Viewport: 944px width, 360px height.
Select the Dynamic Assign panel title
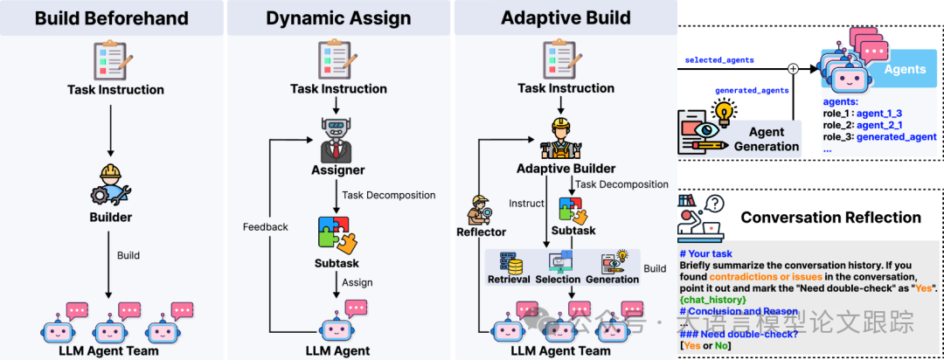339,17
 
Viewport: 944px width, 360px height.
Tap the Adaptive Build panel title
566,17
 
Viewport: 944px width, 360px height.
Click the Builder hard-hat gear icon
110,182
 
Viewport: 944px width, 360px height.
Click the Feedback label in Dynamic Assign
265,227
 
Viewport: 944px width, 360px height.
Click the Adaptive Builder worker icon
566,137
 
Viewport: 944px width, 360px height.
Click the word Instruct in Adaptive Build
525,203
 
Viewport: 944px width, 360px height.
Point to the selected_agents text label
719,60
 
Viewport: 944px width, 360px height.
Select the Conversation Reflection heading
830,218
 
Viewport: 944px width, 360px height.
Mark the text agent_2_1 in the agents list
880,125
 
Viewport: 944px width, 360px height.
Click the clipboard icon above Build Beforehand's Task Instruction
110,59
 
